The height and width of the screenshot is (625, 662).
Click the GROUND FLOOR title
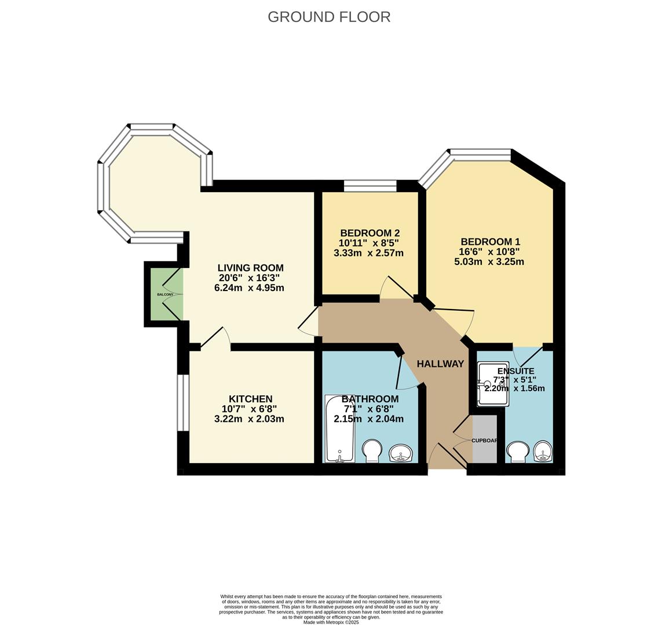coord(329,17)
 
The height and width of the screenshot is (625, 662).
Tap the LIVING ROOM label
coord(250,268)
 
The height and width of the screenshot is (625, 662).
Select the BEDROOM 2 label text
coord(370,233)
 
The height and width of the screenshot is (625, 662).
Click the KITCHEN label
coord(250,399)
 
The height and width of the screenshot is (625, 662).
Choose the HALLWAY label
coord(440,364)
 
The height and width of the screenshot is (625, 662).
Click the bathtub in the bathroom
coord(339,428)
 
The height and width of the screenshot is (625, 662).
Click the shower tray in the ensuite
coord(493,384)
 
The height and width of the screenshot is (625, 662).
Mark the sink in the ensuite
coord(543,451)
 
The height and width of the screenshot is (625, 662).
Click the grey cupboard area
coord(485,439)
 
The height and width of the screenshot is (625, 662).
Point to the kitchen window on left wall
coord(183,403)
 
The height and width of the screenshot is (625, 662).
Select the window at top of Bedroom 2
coord(370,186)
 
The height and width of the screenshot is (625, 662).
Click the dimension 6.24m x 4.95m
coord(249,288)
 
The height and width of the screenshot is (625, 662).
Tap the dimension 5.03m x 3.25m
coord(489,262)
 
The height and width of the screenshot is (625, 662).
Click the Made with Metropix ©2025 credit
coord(331,623)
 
